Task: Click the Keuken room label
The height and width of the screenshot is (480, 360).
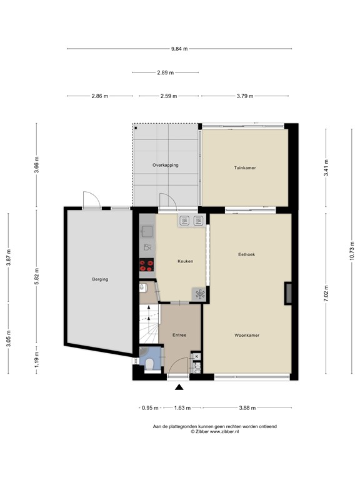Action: tap(185, 261)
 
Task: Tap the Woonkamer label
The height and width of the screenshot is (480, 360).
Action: tap(247, 335)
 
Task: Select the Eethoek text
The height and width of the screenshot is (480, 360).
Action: tap(246, 254)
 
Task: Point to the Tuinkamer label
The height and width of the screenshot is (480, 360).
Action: tap(245, 168)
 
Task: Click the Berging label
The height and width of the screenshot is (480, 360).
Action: tap(99, 279)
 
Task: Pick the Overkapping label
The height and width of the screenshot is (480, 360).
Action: tap(166, 165)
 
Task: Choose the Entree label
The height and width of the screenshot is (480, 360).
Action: tap(181, 335)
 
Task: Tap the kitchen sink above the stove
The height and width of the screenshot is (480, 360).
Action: tap(147, 233)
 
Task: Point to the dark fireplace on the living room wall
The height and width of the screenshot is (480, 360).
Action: tap(288, 294)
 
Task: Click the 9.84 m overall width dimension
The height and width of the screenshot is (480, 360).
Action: tap(180, 49)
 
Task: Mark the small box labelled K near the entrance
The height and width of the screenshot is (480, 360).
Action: tap(197, 356)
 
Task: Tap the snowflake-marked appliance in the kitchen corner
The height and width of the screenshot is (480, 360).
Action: tap(200, 294)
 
